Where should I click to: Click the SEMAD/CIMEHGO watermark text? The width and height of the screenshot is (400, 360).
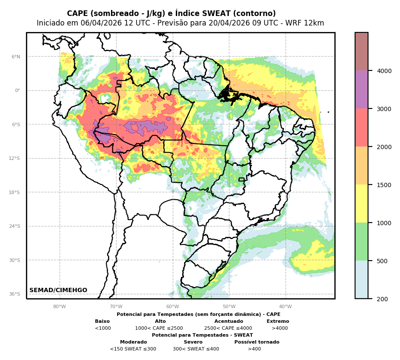pyautogui.click(x=58, y=290)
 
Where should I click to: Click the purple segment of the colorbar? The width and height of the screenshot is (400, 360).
pyautogui.click(x=362, y=89)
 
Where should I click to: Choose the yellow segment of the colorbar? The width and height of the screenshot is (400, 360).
pyautogui.click(x=362, y=204)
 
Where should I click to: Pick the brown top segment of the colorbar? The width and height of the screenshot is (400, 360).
pyautogui.click(x=362, y=51)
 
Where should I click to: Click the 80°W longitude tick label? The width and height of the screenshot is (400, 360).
pyautogui.click(x=60, y=307)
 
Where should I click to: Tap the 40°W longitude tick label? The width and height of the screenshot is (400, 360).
pyautogui.click(x=285, y=307)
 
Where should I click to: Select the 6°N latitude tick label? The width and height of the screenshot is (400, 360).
pyautogui.click(x=16, y=57)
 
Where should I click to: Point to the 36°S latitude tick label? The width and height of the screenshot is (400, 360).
pyautogui.click(x=15, y=294)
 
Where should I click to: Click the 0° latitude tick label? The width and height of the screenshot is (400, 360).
pyautogui.click(x=17, y=90)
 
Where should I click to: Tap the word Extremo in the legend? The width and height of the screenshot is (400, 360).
pyautogui.click(x=278, y=322)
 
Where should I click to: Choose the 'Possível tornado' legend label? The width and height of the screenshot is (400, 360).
pyautogui.click(x=257, y=342)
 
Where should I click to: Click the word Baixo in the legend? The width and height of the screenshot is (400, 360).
pyautogui.click(x=102, y=322)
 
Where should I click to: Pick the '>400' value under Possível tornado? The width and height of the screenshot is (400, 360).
pyautogui.click(x=254, y=349)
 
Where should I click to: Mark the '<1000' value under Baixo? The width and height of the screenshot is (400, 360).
pyautogui.click(x=103, y=328)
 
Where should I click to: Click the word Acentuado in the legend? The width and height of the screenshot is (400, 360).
pyautogui.click(x=229, y=322)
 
